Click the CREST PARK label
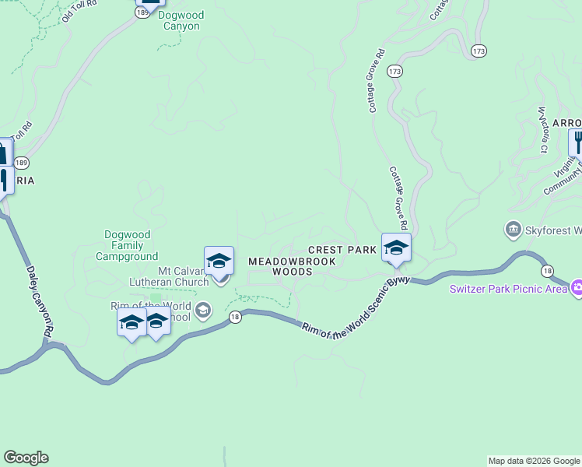(x=342, y=250)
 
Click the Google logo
(x=26, y=458)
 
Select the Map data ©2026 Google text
(x=534, y=461)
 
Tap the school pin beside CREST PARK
(x=396, y=248)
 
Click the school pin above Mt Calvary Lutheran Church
(x=219, y=262)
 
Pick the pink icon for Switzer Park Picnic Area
(x=577, y=288)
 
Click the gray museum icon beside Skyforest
(x=513, y=230)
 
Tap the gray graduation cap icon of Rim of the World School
(x=202, y=311)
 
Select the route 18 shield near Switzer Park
(x=549, y=270)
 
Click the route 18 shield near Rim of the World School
(x=234, y=316)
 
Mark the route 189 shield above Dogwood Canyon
(x=142, y=13)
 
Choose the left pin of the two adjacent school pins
(x=131, y=322)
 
